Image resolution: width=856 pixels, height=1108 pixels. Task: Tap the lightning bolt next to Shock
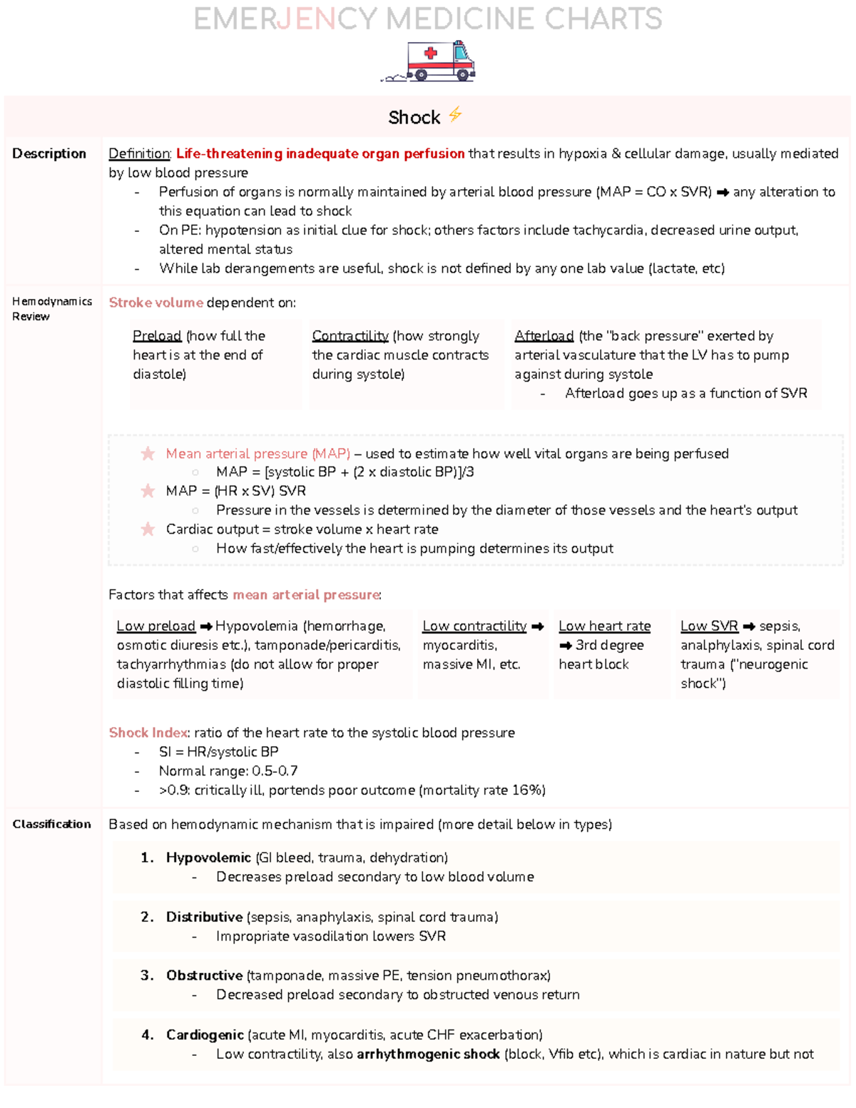click(x=455, y=115)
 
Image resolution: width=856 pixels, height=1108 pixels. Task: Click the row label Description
click(x=49, y=153)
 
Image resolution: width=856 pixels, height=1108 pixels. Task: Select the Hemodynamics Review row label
click(x=51, y=309)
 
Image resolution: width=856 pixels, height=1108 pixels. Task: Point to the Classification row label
click(x=51, y=824)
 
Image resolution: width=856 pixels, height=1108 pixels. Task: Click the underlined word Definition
click(x=139, y=153)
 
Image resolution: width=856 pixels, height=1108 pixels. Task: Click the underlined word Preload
click(x=157, y=336)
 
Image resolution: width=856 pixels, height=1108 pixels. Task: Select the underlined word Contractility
click(x=350, y=336)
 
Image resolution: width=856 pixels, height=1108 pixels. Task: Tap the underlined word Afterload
click(x=544, y=336)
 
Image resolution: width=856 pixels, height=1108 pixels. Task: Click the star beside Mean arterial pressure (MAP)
click(x=148, y=454)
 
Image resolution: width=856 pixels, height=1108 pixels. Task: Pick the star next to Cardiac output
click(x=148, y=529)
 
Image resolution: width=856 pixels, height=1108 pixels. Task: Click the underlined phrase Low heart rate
click(x=604, y=626)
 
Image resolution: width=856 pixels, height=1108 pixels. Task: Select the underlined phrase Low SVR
click(x=709, y=626)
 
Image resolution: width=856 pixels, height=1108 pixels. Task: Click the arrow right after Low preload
click(x=206, y=626)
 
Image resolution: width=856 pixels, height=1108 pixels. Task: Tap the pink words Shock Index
click(x=148, y=733)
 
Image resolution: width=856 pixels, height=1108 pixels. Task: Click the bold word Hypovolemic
click(x=208, y=858)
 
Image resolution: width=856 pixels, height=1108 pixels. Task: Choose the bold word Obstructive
click(x=205, y=975)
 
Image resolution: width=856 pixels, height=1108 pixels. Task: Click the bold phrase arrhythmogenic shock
click(x=428, y=1054)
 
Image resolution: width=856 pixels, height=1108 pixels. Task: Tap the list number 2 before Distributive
click(x=146, y=917)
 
